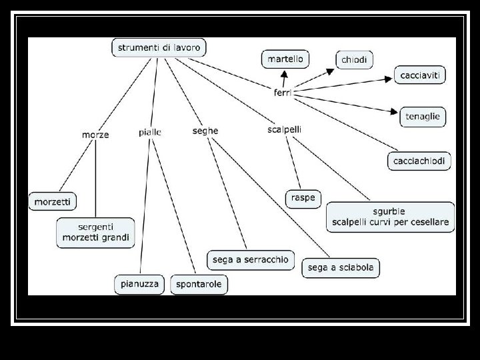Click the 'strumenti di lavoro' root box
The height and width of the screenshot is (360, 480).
[x=159, y=47]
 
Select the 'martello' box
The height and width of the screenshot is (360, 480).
[x=285, y=59]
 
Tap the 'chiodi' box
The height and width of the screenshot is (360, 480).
[x=354, y=60]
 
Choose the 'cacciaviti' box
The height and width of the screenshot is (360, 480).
[x=420, y=75]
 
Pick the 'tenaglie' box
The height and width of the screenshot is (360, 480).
[x=423, y=116]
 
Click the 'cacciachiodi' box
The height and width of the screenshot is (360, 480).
[x=419, y=161]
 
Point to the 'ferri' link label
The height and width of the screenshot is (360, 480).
[x=283, y=93]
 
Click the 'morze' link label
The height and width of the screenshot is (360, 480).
[x=95, y=135]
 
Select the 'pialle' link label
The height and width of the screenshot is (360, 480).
[x=150, y=133]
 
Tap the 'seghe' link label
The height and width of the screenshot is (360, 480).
[x=205, y=131]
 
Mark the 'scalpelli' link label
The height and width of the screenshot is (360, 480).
[x=284, y=129]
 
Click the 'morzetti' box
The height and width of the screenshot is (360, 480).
[x=53, y=201]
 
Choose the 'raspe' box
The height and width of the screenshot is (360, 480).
[x=303, y=198]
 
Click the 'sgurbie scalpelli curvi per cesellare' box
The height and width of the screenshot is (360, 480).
[x=390, y=217]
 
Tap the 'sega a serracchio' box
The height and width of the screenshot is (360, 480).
[x=250, y=259]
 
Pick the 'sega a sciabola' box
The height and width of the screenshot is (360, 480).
[x=341, y=267]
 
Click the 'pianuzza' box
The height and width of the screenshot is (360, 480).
[x=140, y=284]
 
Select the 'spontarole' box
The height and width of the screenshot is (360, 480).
[x=199, y=285]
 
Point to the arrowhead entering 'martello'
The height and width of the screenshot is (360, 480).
[x=284, y=71]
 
